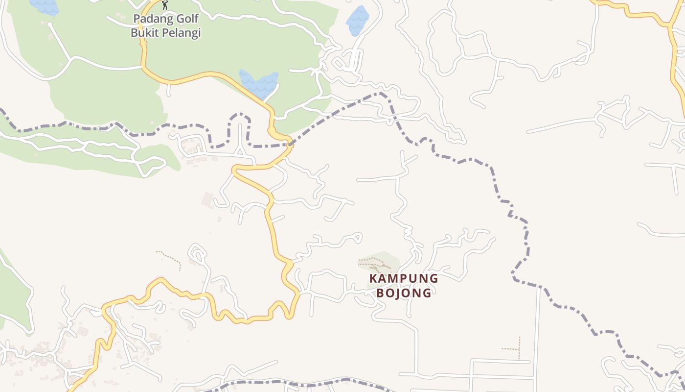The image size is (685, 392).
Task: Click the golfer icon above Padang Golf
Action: [165, 5]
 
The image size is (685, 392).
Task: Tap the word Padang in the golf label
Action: [149, 20]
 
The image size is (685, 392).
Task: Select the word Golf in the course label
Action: [185, 20]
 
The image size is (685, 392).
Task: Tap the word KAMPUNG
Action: [404, 278]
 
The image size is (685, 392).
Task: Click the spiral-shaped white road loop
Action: [198, 255]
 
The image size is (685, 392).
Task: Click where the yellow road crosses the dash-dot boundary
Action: [290, 144]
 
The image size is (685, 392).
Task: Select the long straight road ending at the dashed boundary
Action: [539, 333]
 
